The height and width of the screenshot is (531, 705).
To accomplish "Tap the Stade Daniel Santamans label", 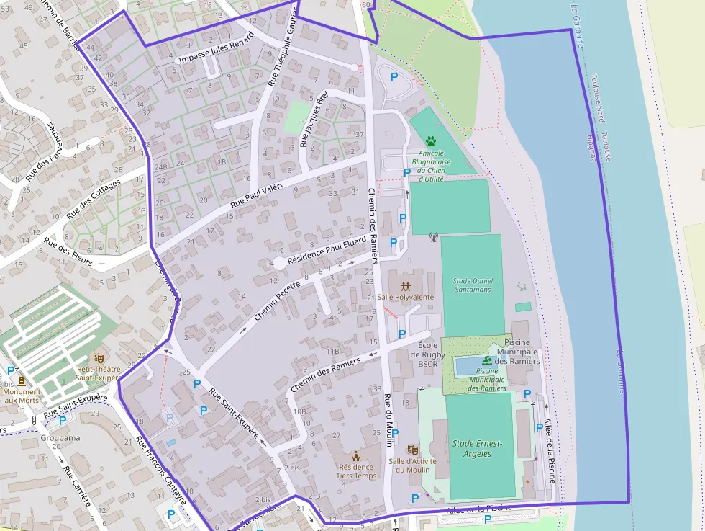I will click(472, 285).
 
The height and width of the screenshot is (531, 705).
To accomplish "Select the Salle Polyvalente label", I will click(405, 297).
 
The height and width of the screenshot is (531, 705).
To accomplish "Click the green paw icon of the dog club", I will click(431, 141).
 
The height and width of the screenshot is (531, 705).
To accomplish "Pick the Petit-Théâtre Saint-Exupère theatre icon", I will click(98, 357).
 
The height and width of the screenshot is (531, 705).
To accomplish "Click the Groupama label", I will click(60, 437).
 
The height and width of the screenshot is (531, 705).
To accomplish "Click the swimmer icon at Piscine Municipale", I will click(487, 360).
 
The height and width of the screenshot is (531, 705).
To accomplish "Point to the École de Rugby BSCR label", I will click(427, 354).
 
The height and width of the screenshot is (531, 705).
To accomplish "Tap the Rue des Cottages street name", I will click(94, 199).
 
